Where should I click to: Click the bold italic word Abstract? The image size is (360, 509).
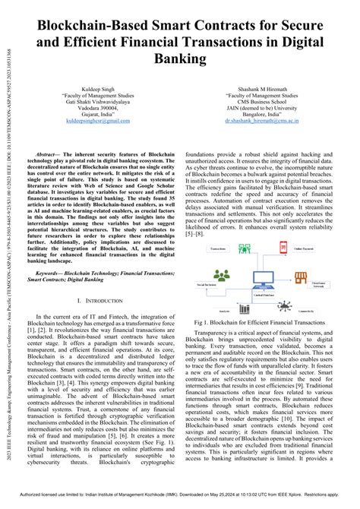(x=49, y=154)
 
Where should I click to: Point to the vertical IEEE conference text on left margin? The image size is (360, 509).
(x=7, y=251)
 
